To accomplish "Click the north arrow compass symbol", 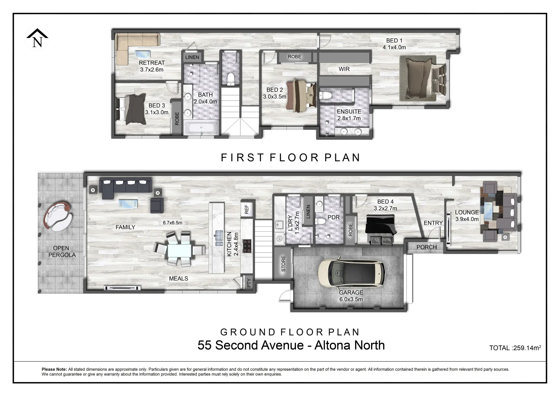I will point(37,38).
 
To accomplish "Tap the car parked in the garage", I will point(351,274).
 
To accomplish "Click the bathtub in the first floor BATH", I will point(201,129).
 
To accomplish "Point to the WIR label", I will point(344,69).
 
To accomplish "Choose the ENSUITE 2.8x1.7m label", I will point(349,115).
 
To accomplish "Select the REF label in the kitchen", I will point(247,209).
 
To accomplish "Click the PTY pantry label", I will point(249,283).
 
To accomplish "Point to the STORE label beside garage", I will point(283,263).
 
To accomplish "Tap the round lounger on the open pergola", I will point(58,216).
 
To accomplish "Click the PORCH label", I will point(427,247).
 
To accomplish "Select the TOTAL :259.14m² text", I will point(515,348).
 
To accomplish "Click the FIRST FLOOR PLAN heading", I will point(291,158).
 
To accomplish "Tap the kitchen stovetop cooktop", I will point(247,246).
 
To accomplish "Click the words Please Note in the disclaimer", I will point(54,369).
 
